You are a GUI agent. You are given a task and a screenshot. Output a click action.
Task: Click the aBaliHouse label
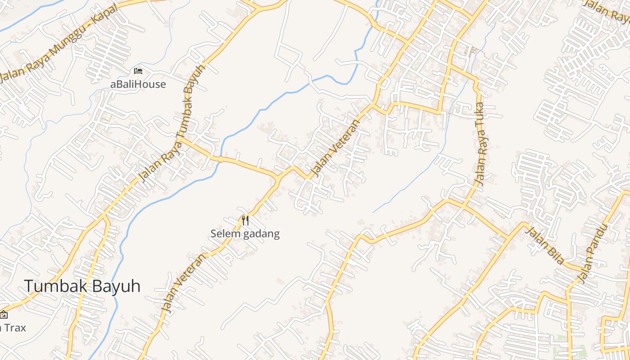138,84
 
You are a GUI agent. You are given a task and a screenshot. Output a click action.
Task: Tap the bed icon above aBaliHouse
138,71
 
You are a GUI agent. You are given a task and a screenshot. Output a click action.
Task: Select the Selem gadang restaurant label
245,234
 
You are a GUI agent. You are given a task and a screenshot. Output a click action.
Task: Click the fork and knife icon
245,220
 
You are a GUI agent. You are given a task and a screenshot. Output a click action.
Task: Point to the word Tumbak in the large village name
53,286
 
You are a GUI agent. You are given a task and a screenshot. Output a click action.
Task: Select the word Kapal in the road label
106,16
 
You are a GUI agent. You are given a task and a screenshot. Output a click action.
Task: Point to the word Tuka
481,114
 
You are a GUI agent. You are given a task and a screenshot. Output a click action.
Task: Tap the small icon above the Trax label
3,315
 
